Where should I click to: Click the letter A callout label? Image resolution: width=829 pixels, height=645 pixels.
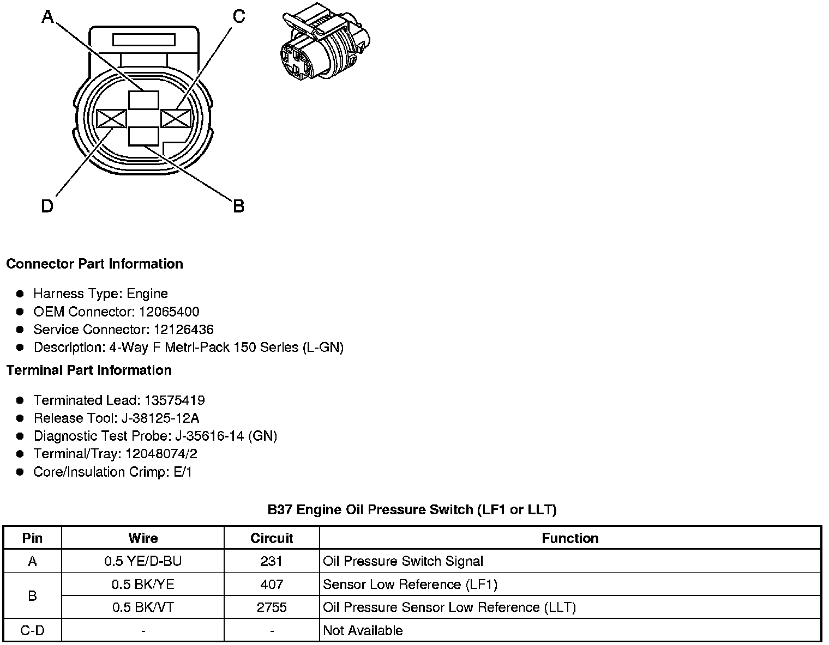(48, 17)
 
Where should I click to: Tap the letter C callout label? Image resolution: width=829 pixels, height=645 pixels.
(238, 17)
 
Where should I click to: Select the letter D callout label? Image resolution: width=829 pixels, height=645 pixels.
(47, 206)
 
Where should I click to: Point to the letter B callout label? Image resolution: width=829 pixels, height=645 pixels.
(238, 206)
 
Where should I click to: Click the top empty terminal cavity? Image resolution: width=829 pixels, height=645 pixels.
(144, 100)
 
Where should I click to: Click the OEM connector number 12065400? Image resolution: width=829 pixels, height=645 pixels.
(169, 312)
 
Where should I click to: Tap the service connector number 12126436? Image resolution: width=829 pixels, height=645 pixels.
(183, 330)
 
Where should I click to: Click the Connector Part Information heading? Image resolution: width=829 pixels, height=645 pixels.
(94, 264)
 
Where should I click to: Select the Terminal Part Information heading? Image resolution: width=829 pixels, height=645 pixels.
(89, 370)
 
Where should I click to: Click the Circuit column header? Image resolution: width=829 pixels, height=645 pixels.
(272, 538)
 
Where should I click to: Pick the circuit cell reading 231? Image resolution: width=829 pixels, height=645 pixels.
(272, 561)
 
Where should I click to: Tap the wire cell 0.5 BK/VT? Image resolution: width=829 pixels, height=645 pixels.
(143, 607)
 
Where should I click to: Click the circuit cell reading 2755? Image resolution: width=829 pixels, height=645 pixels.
(272, 607)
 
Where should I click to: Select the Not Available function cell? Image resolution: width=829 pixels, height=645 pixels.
(363, 630)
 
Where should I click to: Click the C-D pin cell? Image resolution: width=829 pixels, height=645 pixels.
(32, 630)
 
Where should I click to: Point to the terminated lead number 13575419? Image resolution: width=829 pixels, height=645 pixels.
(175, 400)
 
